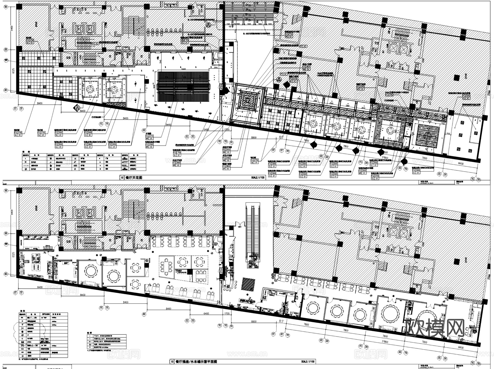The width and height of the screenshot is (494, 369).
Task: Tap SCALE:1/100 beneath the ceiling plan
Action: point(258,178)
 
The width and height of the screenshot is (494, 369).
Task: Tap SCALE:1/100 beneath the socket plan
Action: point(308,362)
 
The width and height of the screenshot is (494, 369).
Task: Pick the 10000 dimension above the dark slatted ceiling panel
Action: point(183,69)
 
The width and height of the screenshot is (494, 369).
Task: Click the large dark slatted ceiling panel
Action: point(183,86)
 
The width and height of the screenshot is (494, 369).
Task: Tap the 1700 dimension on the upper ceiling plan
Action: point(227,130)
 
